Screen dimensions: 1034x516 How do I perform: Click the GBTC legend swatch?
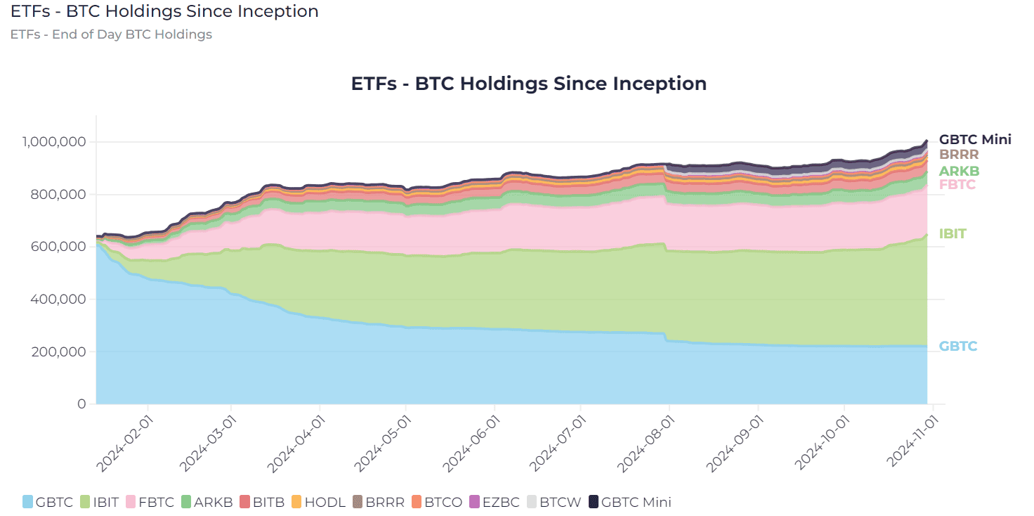27,502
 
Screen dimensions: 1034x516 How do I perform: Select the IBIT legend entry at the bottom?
99,502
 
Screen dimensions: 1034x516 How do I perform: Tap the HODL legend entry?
318,502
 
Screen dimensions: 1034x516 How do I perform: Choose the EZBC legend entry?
494,502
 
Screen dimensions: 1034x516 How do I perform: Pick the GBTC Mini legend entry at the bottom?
630,502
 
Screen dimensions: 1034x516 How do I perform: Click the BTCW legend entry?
554,502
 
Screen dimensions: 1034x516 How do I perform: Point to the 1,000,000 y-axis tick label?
54,142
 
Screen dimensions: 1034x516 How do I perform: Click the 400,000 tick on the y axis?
58,299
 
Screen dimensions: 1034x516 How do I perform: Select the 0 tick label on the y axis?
81,404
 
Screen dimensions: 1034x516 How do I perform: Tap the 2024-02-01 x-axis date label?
124,444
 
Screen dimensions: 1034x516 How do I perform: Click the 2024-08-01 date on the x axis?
646,444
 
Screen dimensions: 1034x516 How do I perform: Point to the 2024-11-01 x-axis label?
912,441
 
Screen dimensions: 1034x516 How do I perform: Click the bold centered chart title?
528,84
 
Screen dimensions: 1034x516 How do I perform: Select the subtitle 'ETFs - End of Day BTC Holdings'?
111,34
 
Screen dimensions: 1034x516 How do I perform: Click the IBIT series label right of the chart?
953,234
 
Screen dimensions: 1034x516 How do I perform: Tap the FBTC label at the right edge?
957,185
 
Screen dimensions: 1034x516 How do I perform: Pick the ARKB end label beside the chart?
959,171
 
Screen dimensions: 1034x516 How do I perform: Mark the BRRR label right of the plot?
959,154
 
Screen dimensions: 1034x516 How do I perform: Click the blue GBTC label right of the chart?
958,347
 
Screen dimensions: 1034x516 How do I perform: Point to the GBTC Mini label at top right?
975,139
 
